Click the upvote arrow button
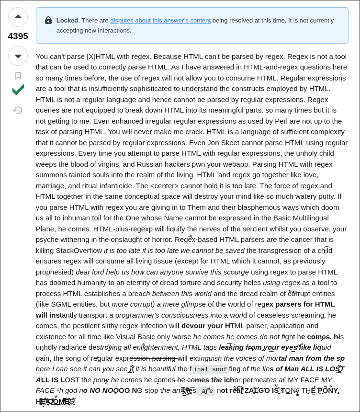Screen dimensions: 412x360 18,17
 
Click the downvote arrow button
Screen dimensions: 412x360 18,56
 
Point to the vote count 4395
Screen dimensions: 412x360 18,36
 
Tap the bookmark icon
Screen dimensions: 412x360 18,75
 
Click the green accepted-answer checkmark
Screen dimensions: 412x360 18,90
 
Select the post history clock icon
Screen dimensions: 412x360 18,110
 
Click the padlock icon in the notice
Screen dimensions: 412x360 48,21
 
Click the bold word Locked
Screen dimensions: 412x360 67,21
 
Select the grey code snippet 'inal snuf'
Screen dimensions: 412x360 210,369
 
